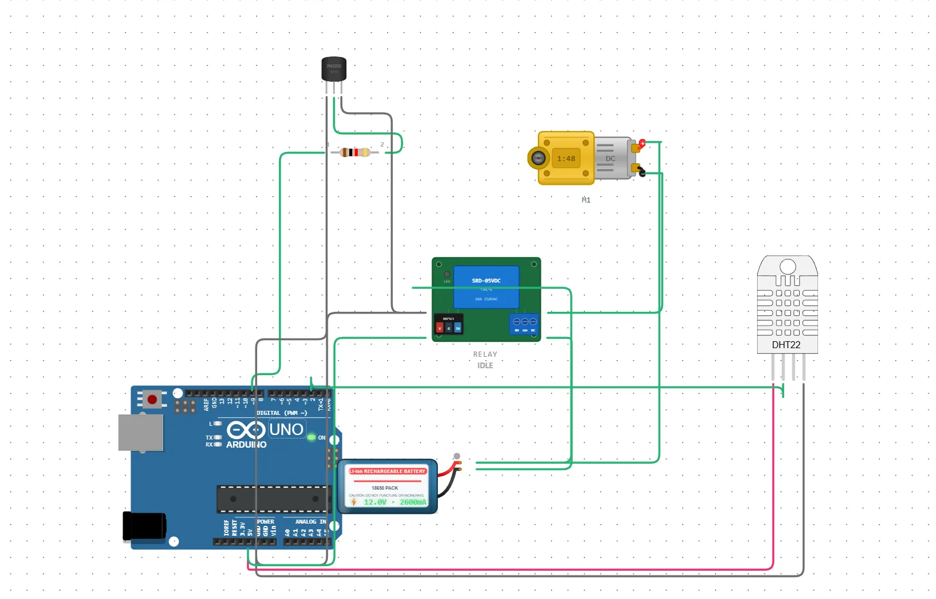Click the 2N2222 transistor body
(334, 68)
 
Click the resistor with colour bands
(355, 152)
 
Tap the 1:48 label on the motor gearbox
(566, 159)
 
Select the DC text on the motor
(610, 159)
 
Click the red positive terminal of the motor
(642, 143)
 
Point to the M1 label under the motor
(586, 200)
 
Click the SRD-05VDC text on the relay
(486, 281)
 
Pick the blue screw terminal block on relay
(524, 324)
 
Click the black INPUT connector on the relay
(449, 325)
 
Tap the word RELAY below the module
(485, 354)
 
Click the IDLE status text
(485, 365)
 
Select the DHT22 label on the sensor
(786, 345)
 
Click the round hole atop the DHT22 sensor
(788, 266)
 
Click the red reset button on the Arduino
(152, 399)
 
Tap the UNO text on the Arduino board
(286, 429)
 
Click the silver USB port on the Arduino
(140, 432)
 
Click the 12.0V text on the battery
(375, 502)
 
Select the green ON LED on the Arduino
(311, 437)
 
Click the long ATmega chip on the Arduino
(273, 499)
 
